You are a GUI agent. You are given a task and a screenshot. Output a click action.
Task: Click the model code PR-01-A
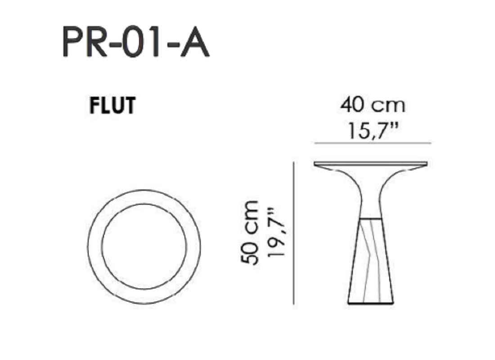tap(136, 41)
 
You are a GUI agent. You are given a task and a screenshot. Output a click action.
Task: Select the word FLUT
tap(112, 105)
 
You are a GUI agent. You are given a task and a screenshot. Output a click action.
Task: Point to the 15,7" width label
tap(373, 130)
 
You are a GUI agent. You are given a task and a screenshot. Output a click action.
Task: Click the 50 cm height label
tap(250, 232)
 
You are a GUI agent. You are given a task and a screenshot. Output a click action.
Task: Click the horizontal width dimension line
tap(373, 143)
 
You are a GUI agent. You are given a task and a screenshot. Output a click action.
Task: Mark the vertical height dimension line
tap(294, 234)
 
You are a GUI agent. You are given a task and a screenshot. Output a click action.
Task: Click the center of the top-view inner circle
tap(144, 246)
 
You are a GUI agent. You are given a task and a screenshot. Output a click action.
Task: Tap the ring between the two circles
tap(94, 247)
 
